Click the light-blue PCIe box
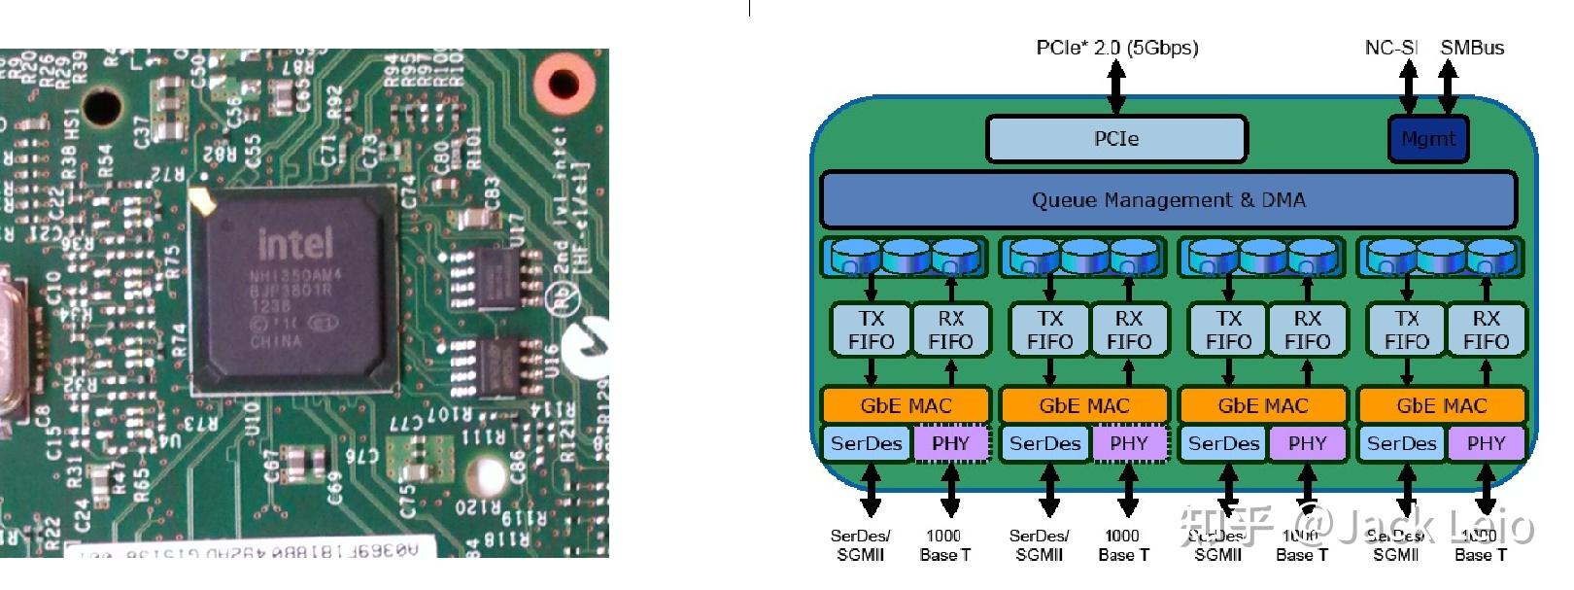[1115, 139]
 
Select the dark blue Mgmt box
[1427, 139]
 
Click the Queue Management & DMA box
[1168, 200]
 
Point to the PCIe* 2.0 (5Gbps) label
[1116, 48]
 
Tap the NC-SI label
[1390, 48]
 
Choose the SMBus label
[1471, 48]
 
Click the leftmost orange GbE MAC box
[906, 405]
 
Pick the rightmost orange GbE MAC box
[1442, 405]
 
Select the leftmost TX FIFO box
[871, 330]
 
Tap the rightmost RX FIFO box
[1486, 330]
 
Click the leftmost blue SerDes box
[866, 444]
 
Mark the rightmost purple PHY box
[1486, 444]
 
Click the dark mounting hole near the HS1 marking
[101, 106]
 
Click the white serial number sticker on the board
[243, 550]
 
